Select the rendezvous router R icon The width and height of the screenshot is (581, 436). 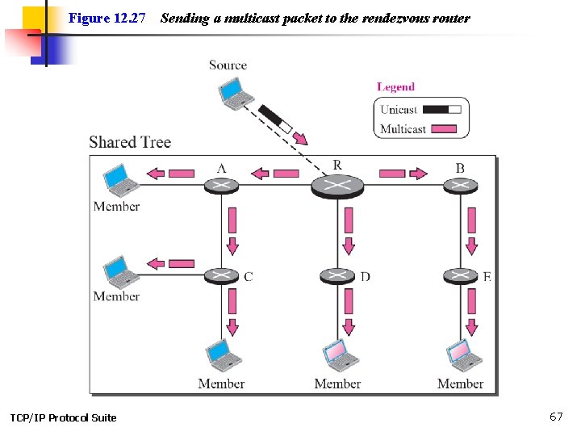click(x=337, y=186)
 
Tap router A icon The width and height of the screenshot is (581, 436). click(x=221, y=186)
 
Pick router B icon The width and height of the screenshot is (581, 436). click(x=460, y=186)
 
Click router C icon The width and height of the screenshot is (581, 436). click(x=221, y=276)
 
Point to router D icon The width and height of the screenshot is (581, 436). click(x=337, y=276)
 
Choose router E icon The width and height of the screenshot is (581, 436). click(x=460, y=276)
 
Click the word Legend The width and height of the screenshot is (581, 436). click(x=395, y=87)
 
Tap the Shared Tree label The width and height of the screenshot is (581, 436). click(x=130, y=142)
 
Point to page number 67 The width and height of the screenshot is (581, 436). click(x=556, y=417)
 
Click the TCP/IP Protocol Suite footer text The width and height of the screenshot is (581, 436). click(x=63, y=417)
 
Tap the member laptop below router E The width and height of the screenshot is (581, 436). click(x=463, y=355)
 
